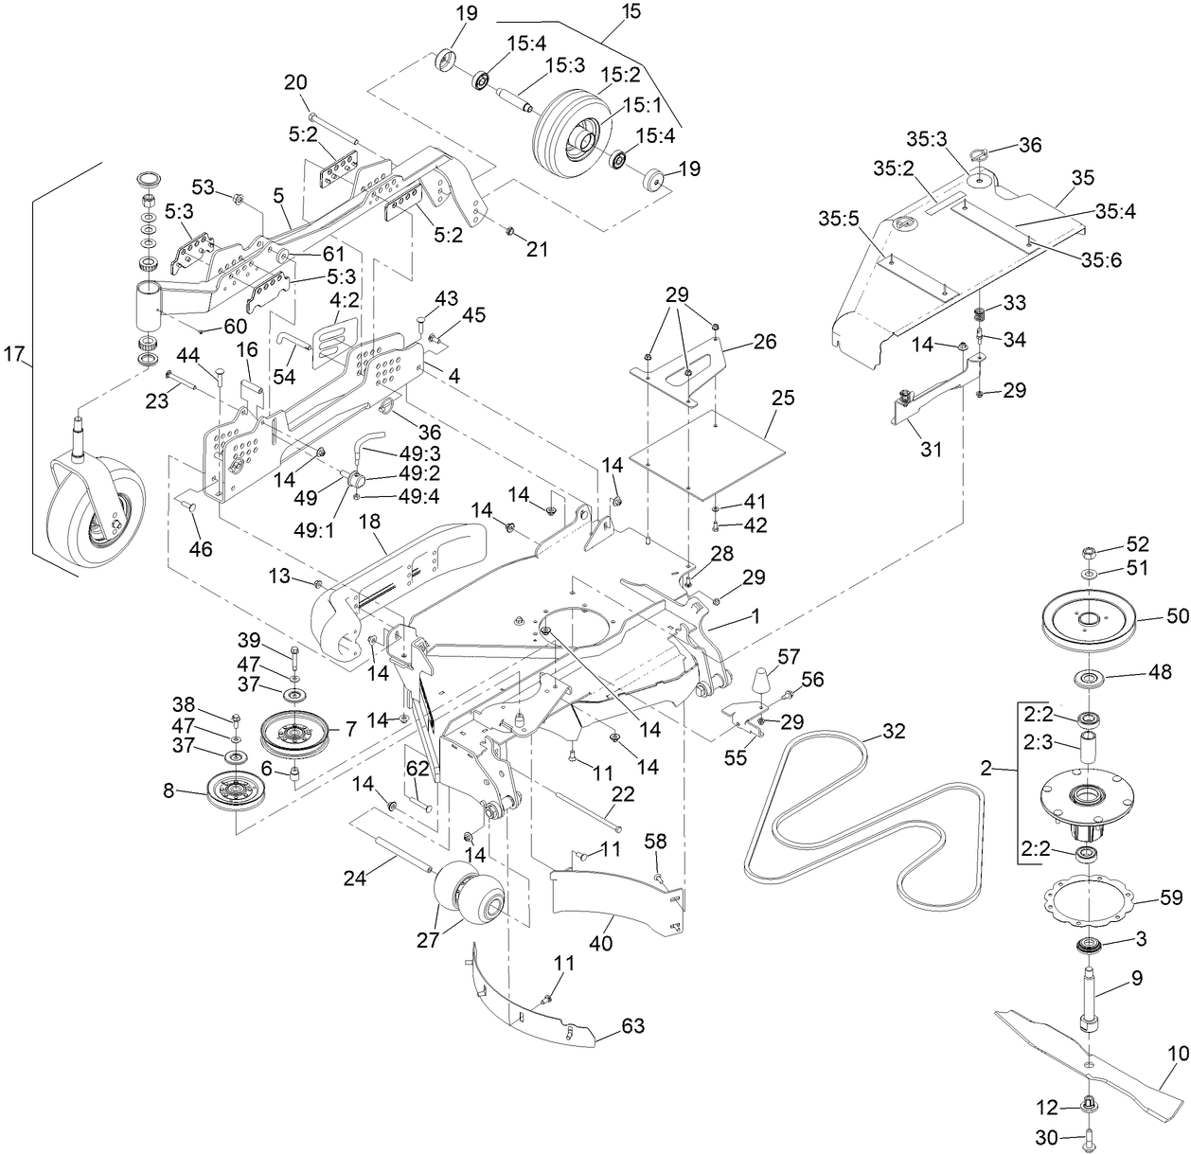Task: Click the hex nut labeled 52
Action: tap(1088, 551)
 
